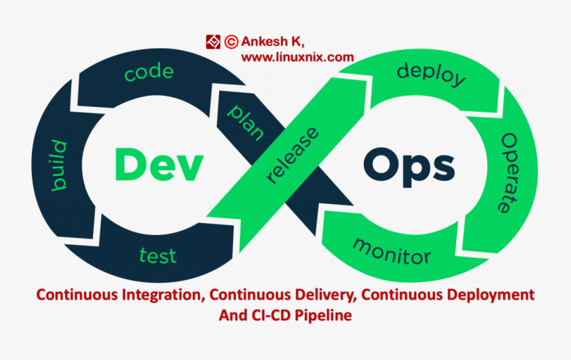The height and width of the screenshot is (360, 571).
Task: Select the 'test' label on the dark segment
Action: [158, 254]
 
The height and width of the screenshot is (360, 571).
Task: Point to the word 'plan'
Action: [245, 122]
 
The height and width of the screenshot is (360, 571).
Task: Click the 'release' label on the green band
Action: [292, 155]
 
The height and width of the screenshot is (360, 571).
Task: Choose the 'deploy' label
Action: [431, 74]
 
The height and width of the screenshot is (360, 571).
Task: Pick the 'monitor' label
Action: [391, 248]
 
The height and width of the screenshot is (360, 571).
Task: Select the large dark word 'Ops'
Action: [409, 167]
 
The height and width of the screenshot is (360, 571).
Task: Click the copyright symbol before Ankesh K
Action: [231, 42]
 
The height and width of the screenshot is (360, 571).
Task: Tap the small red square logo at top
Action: [213, 42]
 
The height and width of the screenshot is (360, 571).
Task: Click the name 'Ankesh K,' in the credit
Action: [273, 42]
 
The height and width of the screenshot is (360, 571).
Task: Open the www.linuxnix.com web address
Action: [297, 57]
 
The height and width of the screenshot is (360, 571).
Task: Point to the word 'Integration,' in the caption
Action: [163, 294]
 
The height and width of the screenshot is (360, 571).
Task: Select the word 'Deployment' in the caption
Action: [492, 294]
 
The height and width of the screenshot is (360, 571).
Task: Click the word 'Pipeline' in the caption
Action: [324, 315]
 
